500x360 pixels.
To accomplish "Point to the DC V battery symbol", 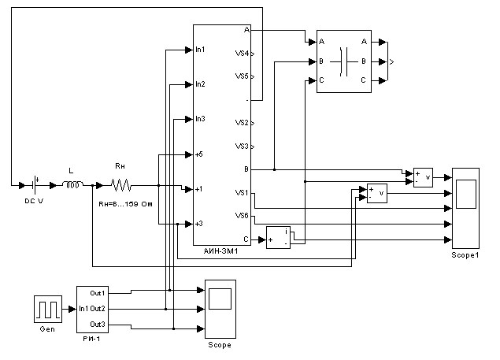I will [x=36, y=185].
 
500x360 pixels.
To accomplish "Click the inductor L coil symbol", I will [x=72, y=185].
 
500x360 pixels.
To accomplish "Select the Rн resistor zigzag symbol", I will [x=120, y=185].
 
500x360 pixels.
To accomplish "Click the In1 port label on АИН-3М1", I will [x=200, y=50].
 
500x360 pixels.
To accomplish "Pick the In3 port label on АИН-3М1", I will [x=200, y=119].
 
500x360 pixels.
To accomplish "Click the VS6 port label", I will [x=242, y=215].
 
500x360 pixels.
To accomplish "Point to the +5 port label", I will [x=199, y=154].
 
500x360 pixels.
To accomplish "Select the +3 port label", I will [x=199, y=224].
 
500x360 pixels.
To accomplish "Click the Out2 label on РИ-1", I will [x=98, y=308].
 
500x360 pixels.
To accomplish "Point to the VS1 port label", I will [x=242, y=192].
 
